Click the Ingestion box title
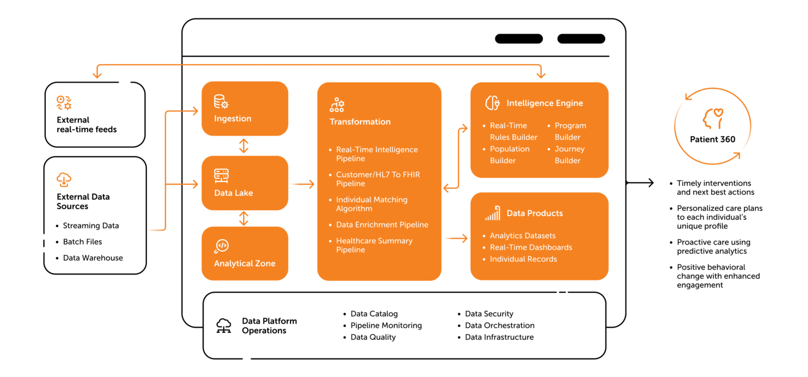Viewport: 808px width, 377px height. pos(233,118)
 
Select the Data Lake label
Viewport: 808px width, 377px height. pos(234,193)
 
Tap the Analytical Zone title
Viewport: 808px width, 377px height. pos(245,263)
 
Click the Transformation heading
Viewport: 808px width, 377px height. pos(360,121)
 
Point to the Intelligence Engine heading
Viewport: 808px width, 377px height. pos(544,103)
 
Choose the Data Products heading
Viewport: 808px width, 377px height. pos(534,213)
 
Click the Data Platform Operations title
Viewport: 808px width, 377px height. pos(269,326)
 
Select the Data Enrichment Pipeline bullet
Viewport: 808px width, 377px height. pos(382,225)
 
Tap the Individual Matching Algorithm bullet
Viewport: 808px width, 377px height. pos(371,204)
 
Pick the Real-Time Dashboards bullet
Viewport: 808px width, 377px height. pos(531,247)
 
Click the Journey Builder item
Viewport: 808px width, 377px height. pos(569,155)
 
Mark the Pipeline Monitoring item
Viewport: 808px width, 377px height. pos(386,325)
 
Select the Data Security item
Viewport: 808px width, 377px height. pos(489,314)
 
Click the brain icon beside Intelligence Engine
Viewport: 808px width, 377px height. pos(492,103)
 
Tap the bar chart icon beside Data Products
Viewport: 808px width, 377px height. pos(492,213)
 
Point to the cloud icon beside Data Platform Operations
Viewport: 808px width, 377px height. pos(224,326)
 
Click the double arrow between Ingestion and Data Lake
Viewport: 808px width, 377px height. pos(244,146)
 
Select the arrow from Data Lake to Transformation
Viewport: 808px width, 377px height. pos(302,184)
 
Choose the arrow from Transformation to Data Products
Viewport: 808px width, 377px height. pos(456,239)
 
